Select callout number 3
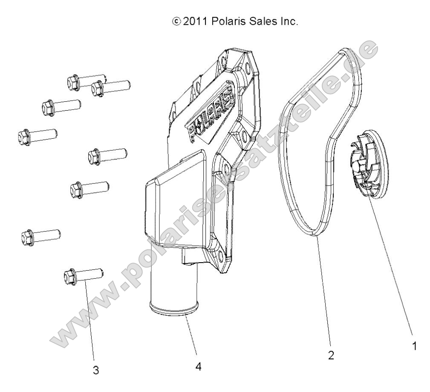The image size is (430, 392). pyautogui.click(x=96, y=370)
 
